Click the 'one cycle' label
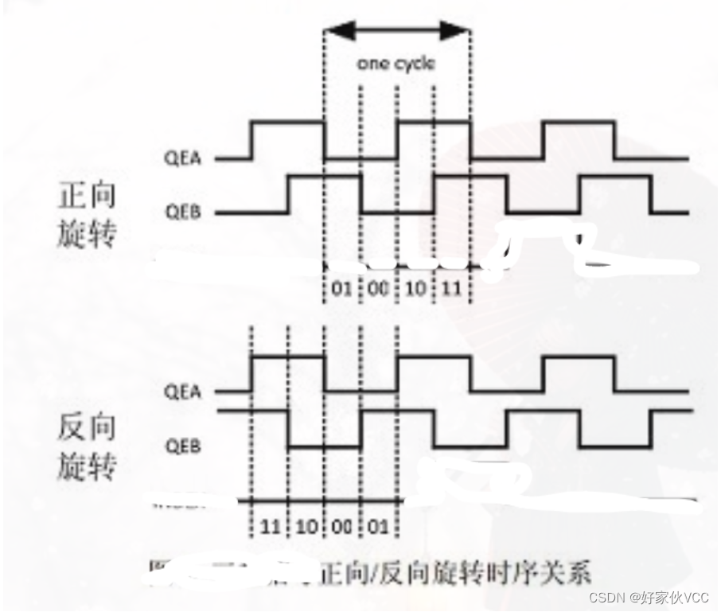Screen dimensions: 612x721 tap(396, 64)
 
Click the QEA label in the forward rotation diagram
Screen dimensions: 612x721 tap(184, 158)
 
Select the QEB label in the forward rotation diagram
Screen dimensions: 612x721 tap(184, 212)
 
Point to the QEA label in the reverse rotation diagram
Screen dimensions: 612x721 tap(184, 392)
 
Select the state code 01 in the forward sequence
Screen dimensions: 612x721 tap(342, 287)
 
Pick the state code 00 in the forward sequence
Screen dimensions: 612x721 tap(379, 287)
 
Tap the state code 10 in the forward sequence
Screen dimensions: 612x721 tap(415, 287)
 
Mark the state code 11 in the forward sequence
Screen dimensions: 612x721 tap(452, 287)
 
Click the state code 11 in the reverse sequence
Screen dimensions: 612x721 tap(269, 526)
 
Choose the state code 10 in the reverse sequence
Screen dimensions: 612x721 tap(306, 526)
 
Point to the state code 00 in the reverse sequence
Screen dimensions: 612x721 tap(342, 526)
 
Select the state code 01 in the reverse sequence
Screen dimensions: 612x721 tap(379, 526)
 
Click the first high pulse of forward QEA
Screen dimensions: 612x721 tap(288, 122)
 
